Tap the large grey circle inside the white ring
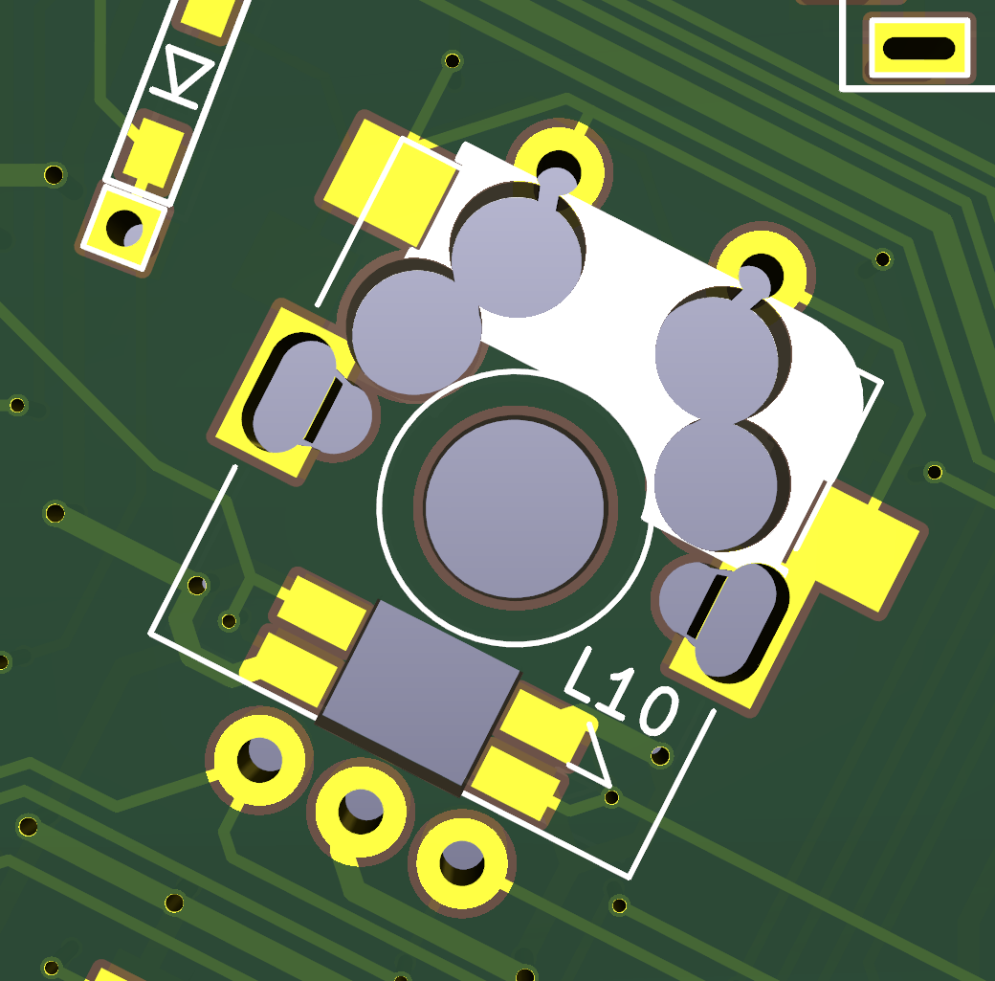point(515,507)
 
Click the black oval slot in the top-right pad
point(918,48)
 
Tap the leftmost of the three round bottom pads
point(259,759)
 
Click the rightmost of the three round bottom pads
point(462,861)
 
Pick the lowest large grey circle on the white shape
point(718,483)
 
